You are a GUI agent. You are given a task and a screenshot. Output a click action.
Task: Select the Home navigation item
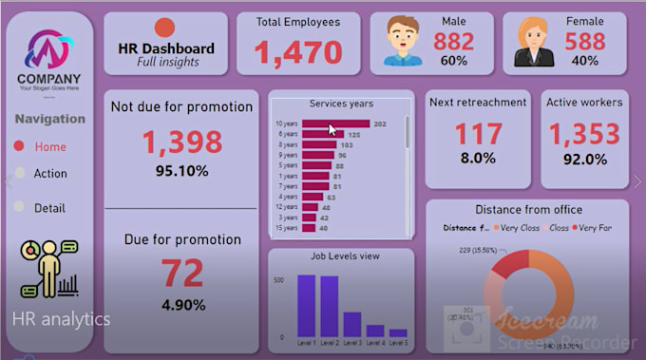pyautogui.click(x=50, y=147)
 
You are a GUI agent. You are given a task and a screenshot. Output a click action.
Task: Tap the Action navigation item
pyautogui.click(x=50, y=174)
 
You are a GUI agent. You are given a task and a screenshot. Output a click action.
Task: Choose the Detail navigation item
pyautogui.click(x=50, y=208)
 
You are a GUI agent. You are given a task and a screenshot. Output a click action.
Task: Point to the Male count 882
pyautogui.click(x=454, y=41)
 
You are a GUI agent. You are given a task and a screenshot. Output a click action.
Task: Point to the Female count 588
pyautogui.click(x=585, y=41)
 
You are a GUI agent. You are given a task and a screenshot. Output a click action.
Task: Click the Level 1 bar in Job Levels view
pyautogui.click(x=307, y=305)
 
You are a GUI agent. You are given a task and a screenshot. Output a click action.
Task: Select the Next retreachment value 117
pyautogui.click(x=478, y=134)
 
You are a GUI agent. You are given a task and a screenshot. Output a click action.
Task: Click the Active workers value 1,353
pyautogui.click(x=585, y=134)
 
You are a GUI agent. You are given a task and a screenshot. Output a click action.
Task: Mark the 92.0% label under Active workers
pyautogui.click(x=585, y=160)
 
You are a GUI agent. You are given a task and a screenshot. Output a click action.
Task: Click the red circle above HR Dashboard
pyautogui.click(x=164, y=28)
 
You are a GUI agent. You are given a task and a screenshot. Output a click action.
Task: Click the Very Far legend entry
pyautogui.click(x=594, y=228)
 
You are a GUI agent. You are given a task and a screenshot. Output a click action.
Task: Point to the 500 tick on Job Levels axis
pyautogui.click(x=278, y=280)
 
